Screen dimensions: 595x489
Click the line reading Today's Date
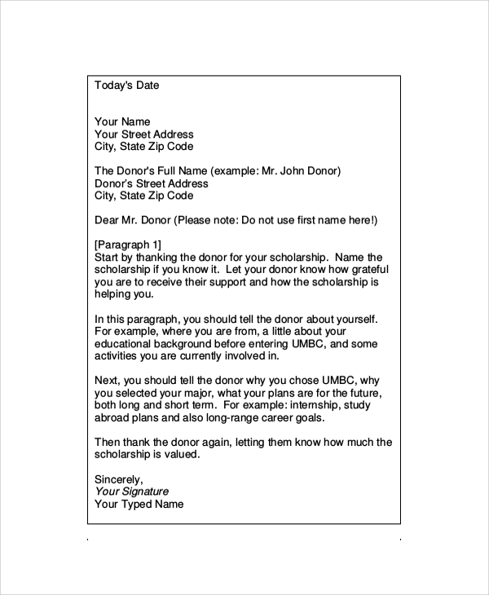click(127, 85)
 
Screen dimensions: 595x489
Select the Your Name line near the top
click(122, 122)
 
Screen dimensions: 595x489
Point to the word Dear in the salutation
click(107, 220)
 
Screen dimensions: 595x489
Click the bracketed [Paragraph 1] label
click(128, 245)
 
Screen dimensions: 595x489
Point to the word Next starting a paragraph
click(107, 380)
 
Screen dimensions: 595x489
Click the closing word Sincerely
click(119, 479)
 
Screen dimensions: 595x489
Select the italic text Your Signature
click(131, 491)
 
